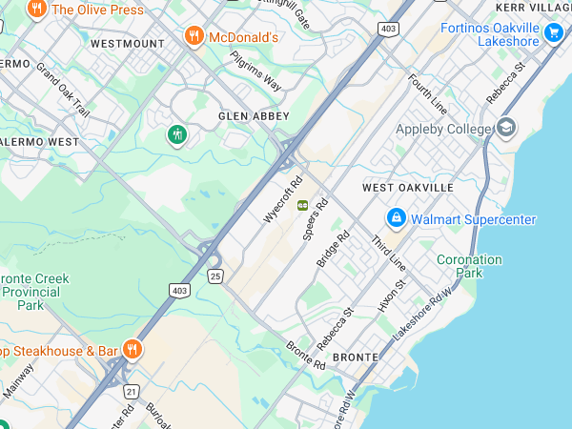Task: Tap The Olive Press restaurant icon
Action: click(x=37, y=10)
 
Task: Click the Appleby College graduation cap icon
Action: click(x=506, y=128)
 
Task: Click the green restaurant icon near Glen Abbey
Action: click(x=176, y=135)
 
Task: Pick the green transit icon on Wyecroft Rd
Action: click(x=302, y=205)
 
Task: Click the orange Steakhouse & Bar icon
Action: click(x=133, y=350)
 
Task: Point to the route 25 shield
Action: click(x=216, y=276)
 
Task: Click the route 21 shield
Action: click(x=132, y=391)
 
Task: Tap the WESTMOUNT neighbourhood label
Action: click(x=127, y=44)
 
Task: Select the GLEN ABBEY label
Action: click(x=253, y=115)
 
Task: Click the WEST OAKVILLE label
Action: click(x=408, y=188)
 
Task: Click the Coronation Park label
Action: click(x=469, y=266)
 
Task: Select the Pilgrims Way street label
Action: click(x=255, y=71)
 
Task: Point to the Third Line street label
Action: click(x=389, y=252)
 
